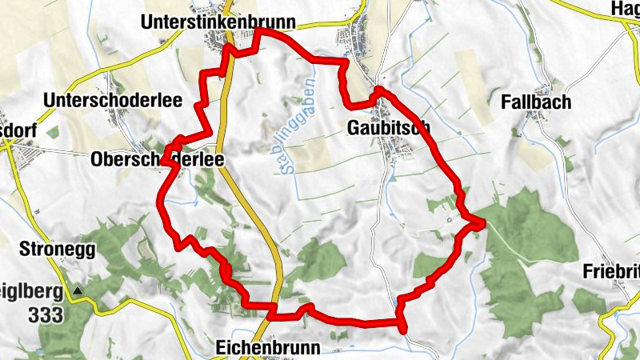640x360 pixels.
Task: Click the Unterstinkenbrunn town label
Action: (x=218, y=22)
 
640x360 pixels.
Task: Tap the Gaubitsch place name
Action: (x=390, y=127)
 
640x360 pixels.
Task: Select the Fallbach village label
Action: (x=536, y=102)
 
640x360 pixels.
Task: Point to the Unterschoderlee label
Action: (x=114, y=100)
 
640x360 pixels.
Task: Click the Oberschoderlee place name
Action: (x=157, y=160)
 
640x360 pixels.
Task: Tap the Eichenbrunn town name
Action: (x=268, y=348)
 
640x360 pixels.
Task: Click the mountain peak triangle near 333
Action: (x=78, y=291)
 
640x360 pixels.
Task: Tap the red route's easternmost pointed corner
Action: (x=483, y=223)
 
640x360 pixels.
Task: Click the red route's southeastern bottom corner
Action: (x=402, y=328)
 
